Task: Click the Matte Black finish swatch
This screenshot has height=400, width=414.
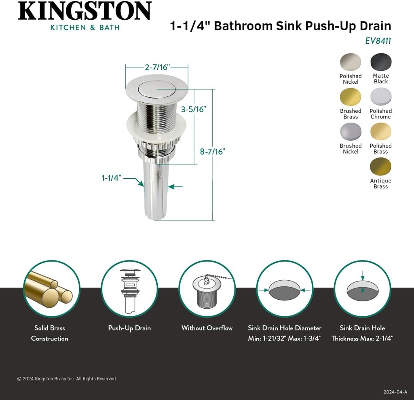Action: [381, 63]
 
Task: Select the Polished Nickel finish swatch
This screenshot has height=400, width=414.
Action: [351, 63]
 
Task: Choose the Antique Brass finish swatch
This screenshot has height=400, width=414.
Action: [381, 167]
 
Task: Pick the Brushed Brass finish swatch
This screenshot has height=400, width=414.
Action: [351, 97]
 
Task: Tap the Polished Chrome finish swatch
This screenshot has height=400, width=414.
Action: [381, 97]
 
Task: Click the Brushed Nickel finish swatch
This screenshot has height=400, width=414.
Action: [351, 132]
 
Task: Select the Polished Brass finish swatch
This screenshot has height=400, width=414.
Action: [381, 132]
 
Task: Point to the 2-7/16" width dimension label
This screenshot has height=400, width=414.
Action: [157, 68]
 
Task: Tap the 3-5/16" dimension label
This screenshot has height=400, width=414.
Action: [194, 109]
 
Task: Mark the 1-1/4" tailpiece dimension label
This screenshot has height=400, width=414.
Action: [112, 178]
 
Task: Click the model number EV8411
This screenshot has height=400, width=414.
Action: [378, 41]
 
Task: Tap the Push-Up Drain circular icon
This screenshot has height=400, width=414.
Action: [129, 289]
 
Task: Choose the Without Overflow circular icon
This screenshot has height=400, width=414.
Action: [207, 289]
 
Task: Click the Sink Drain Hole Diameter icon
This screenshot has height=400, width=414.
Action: [285, 289]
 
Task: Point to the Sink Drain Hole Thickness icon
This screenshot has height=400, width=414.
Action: [362, 289]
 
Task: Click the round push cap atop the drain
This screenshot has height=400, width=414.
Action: [156, 88]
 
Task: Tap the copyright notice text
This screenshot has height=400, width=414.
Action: [66, 379]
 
